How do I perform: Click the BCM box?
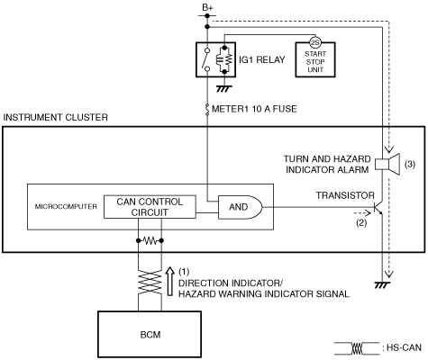150,334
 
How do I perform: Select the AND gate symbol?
240,207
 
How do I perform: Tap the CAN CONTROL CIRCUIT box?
150,207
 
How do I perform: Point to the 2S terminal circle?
315,43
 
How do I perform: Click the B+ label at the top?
207,8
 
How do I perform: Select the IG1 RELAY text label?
262,59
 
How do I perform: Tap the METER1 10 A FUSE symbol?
207,110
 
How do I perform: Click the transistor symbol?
378,208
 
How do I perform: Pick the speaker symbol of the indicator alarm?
387,164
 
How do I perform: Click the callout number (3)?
410,164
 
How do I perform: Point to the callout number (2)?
361,223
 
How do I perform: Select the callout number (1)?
184,272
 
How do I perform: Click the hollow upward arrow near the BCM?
170,282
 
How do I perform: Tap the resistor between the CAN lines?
150,240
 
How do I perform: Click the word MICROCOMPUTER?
66,207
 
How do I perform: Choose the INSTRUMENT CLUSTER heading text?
55,117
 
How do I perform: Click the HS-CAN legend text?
404,347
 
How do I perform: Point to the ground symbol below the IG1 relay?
224,88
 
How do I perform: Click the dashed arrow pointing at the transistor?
362,213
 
